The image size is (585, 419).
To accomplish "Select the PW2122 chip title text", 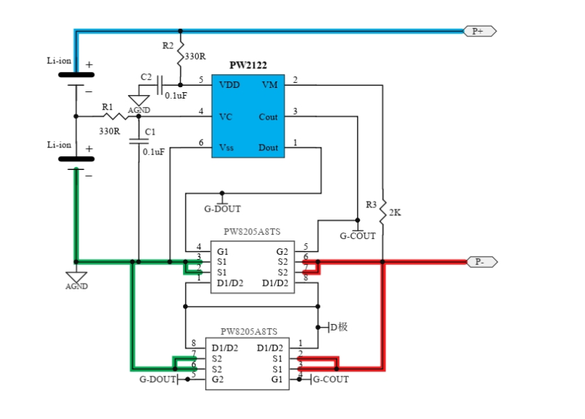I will pyautogui.click(x=248, y=66).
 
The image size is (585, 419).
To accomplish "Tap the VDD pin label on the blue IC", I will pyautogui.click(x=230, y=85).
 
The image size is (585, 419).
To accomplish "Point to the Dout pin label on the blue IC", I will pyautogui.click(x=267, y=148).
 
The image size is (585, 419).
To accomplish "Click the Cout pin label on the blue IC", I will pyautogui.click(x=267, y=117).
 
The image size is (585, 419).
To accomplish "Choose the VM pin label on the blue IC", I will pyautogui.click(x=269, y=85).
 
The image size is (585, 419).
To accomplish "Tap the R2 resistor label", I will pyautogui.click(x=167, y=45).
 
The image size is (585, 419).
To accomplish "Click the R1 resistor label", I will pyautogui.click(x=107, y=107).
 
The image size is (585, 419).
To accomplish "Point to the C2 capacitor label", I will pyautogui.click(x=146, y=77).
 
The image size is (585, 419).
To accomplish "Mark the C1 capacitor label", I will pyautogui.click(x=150, y=132).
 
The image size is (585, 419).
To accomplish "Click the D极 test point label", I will pyautogui.click(x=339, y=327).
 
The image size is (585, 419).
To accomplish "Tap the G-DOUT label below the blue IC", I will pyautogui.click(x=222, y=209).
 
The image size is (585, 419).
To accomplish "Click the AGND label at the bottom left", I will pyautogui.click(x=76, y=286).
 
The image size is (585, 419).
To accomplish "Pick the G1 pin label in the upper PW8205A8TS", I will pyautogui.click(x=223, y=251).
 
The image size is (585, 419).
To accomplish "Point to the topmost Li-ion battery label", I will pyautogui.click(x=61, y=62).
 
